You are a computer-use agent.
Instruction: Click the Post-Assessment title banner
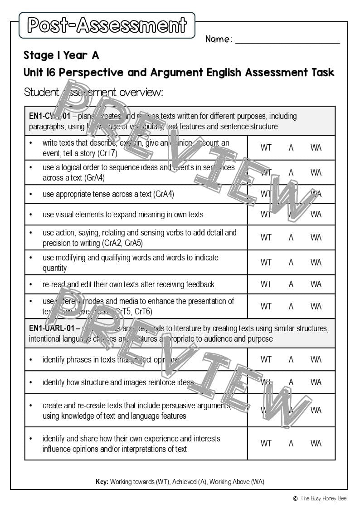tap(107, 25)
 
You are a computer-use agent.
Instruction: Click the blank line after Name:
tap(287, 40)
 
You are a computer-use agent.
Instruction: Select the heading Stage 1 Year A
tap(61, 55)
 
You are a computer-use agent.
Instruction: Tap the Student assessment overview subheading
tap(93, 93)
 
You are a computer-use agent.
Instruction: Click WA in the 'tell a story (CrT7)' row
tap(316, 147)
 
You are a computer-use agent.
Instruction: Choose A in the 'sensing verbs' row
tap(291, 237)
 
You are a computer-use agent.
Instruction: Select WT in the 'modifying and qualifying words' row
tap(266, 262)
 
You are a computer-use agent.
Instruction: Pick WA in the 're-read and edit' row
tap(316, 284)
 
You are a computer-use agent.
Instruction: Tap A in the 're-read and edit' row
tap(291, 284)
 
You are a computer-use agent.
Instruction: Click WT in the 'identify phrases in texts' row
tap(266, 359)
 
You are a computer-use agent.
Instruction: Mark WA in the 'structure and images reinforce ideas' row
tap(316, 382)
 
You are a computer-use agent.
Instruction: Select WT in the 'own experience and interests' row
tap(266, 443)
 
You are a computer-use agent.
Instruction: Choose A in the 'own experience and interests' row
tap(291, 443)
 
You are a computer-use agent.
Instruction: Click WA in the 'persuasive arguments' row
tap(316, 410)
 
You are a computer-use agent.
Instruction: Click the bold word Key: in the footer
tap(102, 481)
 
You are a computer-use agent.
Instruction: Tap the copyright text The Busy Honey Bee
tap(323, 498)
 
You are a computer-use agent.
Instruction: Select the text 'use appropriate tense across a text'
tap(108, 194)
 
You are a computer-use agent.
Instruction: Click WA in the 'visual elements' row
tap(316, 214)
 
